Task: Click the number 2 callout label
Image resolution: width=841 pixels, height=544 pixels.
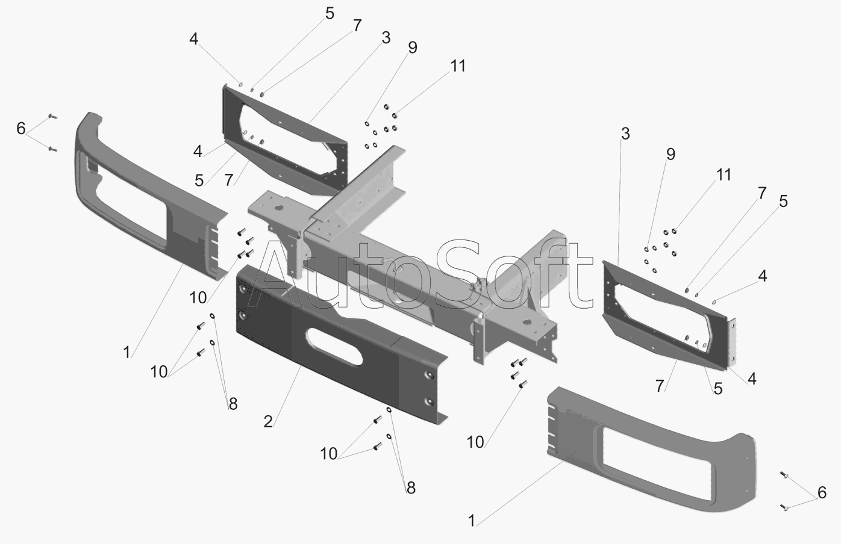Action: (x=267, y=422)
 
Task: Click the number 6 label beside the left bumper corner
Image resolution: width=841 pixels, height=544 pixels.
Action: (x=21, y=129)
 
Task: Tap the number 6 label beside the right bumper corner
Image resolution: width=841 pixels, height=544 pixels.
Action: (x=822, y=492)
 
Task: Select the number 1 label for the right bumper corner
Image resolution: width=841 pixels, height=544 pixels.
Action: (x=471, y=521)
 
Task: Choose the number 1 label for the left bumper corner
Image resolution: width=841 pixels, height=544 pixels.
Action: (x=127, y=352)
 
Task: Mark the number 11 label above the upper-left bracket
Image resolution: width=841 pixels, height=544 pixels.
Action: (x=458, y=66)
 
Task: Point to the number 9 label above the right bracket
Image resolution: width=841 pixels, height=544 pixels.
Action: (x=671, y=154)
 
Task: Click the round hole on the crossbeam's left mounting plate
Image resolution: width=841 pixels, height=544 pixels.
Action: (x=279, y=208)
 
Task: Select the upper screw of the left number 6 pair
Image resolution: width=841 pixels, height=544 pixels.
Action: (x=53, y=117)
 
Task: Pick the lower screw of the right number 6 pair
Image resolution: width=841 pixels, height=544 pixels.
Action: (x=784, y=507)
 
